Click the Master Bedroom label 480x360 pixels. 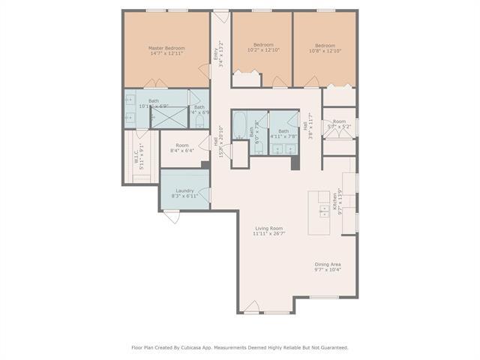166,48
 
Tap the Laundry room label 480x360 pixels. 184,190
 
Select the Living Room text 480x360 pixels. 268,228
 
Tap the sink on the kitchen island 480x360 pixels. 325,211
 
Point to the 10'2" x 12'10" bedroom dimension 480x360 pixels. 262,50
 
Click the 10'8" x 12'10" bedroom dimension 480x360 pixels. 325,50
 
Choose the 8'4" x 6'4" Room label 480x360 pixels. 182,151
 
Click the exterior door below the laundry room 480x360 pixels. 172,217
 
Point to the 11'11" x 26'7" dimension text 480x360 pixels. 268,234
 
